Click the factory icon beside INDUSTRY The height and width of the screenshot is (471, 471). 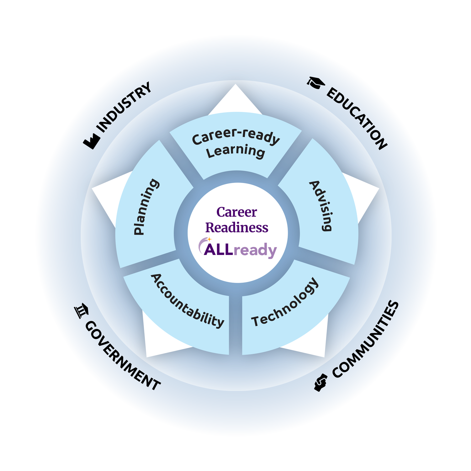(92, 141)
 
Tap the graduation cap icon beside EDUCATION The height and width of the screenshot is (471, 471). (316, 83)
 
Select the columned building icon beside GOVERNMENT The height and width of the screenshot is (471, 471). (81, 311)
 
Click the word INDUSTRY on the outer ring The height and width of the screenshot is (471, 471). (123, 107)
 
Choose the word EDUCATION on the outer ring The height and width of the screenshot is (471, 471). (357, 118)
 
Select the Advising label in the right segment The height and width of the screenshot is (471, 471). (321, 206)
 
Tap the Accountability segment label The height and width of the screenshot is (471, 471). (187, 301)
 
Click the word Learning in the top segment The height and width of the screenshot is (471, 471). (235, 151)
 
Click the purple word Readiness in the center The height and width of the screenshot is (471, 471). (237, 228)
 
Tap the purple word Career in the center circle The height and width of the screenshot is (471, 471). (237, 212)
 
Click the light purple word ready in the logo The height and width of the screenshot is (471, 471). (255, 250)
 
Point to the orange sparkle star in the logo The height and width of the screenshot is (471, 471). (209, 239)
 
